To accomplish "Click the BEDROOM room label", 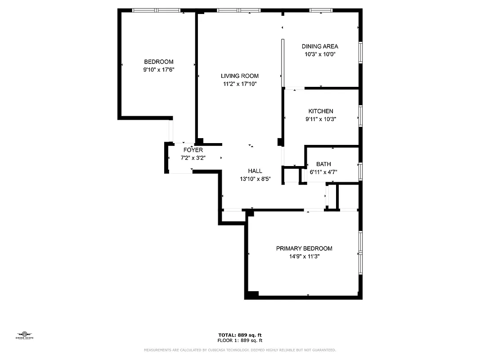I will tap(158, 62).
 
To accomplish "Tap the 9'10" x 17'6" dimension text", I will tap(158, 70).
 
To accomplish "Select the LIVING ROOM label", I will tap(239, 76).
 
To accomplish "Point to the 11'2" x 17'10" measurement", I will tap(239, 84).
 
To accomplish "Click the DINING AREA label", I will tap(320, 46).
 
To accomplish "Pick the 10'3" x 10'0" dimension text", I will tap(320, 54).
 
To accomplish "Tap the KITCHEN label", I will tap(321, 112).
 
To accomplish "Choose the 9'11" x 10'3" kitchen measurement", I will tap(321, 119).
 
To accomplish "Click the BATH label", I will tap(323, 164).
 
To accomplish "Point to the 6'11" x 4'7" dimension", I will tap(323, 172).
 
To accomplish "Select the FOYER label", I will tap(193, 150).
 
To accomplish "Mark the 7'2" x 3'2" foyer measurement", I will tap(193, 157).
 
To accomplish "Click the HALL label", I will tap(255, 171).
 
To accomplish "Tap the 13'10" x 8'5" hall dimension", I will tap(255, 179).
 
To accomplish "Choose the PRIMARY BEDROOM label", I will tap(304, 249).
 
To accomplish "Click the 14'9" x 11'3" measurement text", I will tap(304, 256).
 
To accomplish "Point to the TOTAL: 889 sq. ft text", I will tap(240, 335).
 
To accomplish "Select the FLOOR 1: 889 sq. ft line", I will tap(240, 340).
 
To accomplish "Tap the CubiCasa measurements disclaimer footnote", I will tap(240, 350).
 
